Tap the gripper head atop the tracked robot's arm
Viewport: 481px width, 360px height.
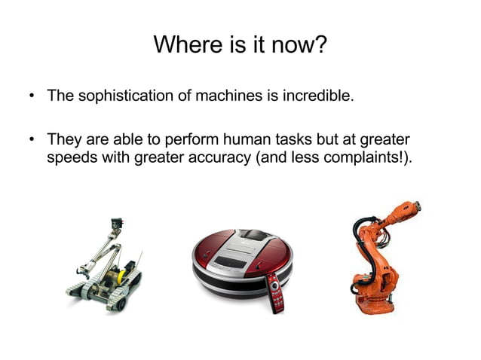coord(117,224)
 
